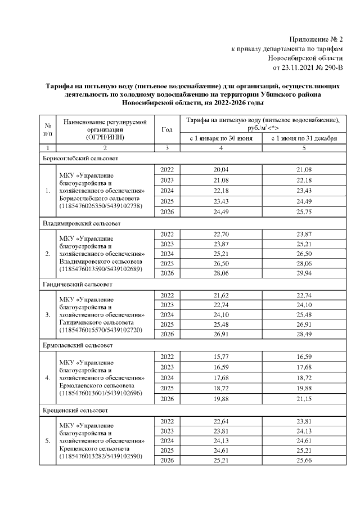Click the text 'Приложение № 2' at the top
(316, 39)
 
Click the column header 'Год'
(166, 129)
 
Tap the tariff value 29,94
(304, 274)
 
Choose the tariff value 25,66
(304, 461)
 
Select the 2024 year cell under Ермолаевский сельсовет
(167, 377)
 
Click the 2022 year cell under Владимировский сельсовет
(167, 233)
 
